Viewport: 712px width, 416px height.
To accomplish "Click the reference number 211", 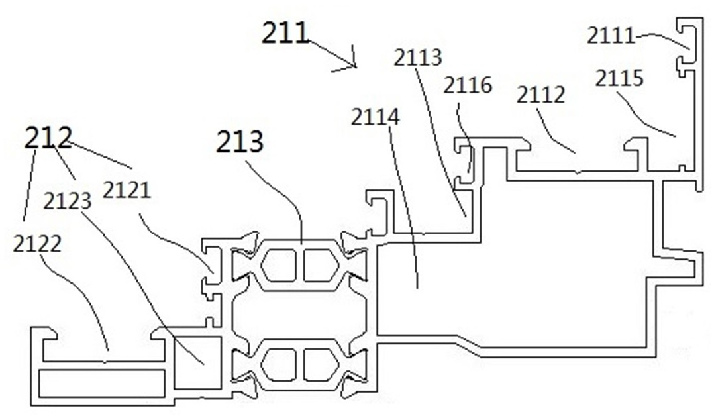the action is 285,32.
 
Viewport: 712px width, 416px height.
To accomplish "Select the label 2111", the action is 610,35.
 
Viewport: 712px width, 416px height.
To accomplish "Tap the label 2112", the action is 540,95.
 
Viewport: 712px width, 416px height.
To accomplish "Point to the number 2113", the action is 417,58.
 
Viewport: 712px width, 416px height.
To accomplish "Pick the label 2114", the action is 375,117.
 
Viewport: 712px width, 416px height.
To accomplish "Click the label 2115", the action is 619,78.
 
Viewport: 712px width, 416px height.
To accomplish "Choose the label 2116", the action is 468,85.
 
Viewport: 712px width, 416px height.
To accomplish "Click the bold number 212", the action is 48,138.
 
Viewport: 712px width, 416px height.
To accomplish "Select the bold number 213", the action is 240,142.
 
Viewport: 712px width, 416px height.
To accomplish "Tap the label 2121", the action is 127,190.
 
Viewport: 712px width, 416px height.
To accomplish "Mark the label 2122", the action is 36,244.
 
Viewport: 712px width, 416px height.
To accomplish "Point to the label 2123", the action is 67,200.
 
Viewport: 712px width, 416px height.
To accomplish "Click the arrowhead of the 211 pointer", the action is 354,66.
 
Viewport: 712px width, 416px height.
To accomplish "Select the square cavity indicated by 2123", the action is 197,362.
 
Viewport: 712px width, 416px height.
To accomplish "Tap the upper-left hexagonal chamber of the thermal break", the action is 279,265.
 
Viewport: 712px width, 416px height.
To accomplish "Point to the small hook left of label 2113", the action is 380,211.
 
